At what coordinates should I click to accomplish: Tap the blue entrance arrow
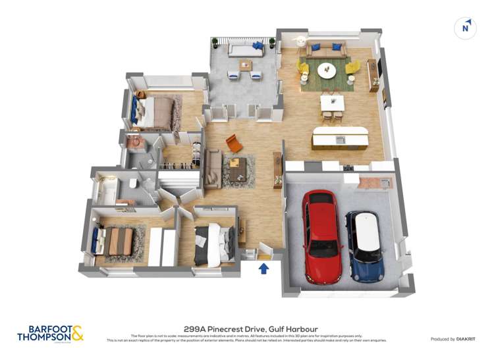click(x=263, y=269)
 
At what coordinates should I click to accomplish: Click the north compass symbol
click(x=466, y=27)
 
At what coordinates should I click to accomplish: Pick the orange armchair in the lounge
click(x=234, y=143)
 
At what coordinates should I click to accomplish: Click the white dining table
click(x=332, y=103)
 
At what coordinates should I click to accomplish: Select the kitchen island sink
click(x=340, y=139)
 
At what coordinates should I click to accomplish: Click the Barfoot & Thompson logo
click(x=50, y=333)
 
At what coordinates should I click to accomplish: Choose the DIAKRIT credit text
click(x=462, y=339)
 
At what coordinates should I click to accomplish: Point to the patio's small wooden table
click(x=246, y=65)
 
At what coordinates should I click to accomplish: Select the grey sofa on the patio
click(x=244, y=49)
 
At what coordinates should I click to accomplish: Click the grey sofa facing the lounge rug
click(x=213, y=168)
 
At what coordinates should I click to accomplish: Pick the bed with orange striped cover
click(x=117, y=241)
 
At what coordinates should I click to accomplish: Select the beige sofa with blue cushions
click(x=327, y=48)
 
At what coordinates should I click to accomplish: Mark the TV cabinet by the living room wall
click(x=373, y=75)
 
